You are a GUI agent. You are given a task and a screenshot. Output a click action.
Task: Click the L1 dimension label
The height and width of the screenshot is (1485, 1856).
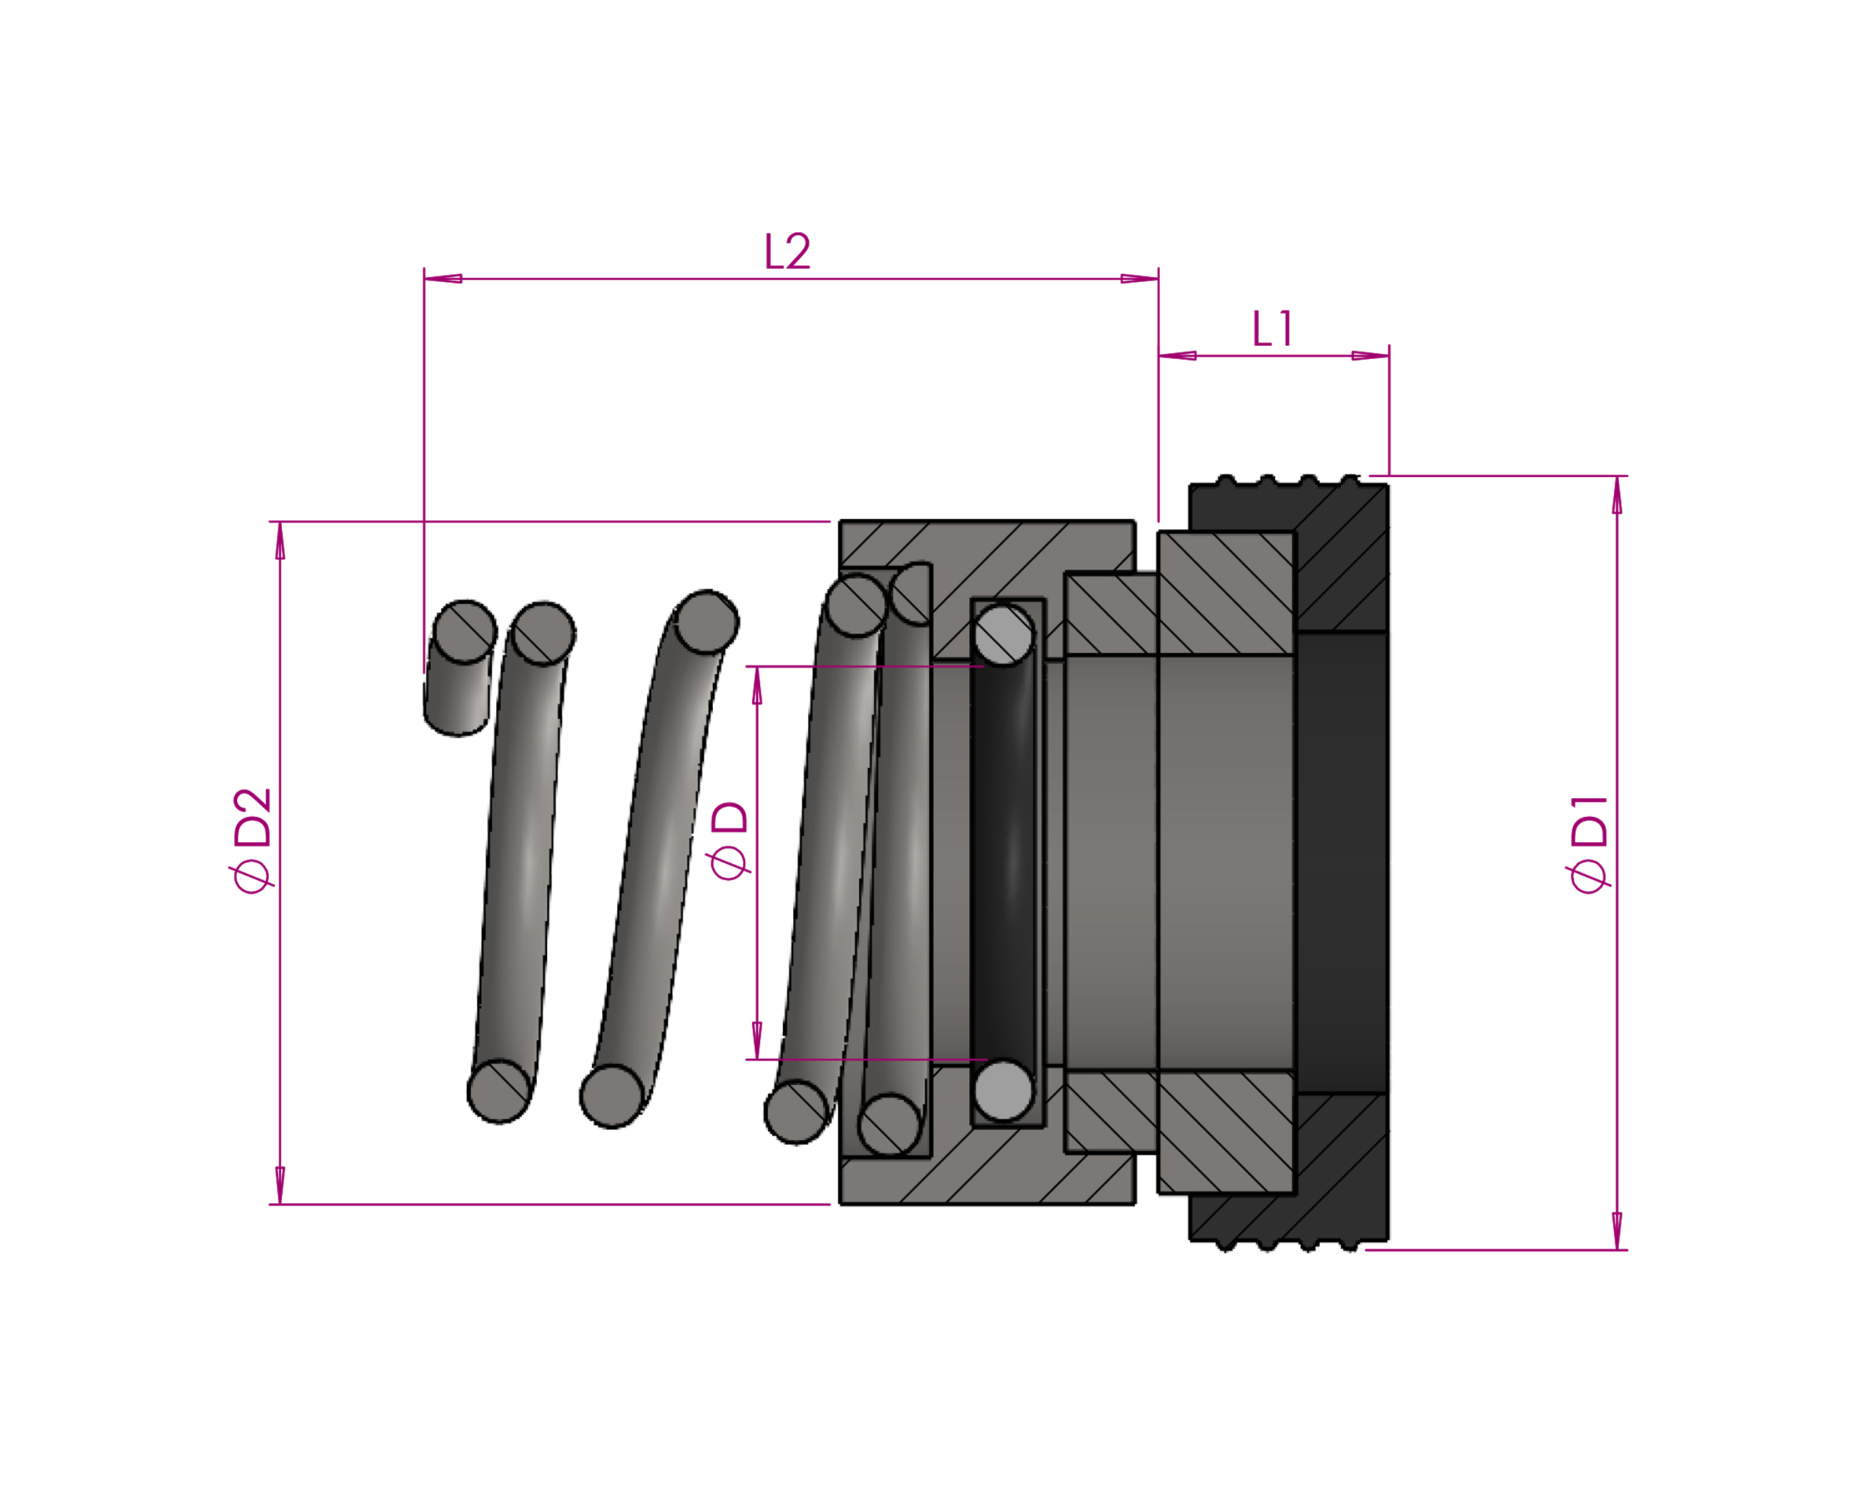(1272, 329)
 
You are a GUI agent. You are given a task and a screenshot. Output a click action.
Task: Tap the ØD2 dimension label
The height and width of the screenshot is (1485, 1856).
(252, 840)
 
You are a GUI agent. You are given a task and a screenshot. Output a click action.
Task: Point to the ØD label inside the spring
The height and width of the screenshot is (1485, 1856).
(728, 840)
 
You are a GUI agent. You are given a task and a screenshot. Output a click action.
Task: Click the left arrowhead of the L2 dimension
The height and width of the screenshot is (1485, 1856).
(443, 278)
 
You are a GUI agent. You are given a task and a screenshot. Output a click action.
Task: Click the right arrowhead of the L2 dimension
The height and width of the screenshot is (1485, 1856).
(1139, 278)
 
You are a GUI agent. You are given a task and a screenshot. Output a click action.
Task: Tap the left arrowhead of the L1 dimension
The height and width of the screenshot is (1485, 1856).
(1178, 355)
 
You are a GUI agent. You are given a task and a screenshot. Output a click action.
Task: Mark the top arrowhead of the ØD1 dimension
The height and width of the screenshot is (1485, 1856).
(1617, 495)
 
